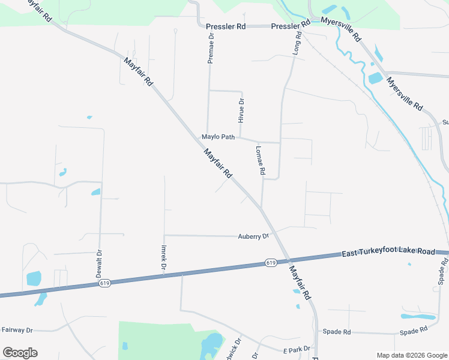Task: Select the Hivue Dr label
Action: [x=241, y=110]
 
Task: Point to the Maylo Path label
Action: [x=218, y=137]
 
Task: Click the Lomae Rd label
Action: [x=261, y=160]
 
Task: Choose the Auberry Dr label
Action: [x=253, y=236]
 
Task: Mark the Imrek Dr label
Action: [x=163, y=256]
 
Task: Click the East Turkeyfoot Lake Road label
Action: [x=388, y=252]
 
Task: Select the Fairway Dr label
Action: [x=17, y=329]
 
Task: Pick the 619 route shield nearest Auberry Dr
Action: [x=270, y=263]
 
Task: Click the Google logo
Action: [x=20, y=352]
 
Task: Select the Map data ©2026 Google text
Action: [x=411, y=355]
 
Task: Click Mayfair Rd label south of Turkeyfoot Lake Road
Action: [x=300, y=283]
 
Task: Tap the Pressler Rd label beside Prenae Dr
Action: [x=226, y=27]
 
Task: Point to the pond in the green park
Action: [x=212, y=344]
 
